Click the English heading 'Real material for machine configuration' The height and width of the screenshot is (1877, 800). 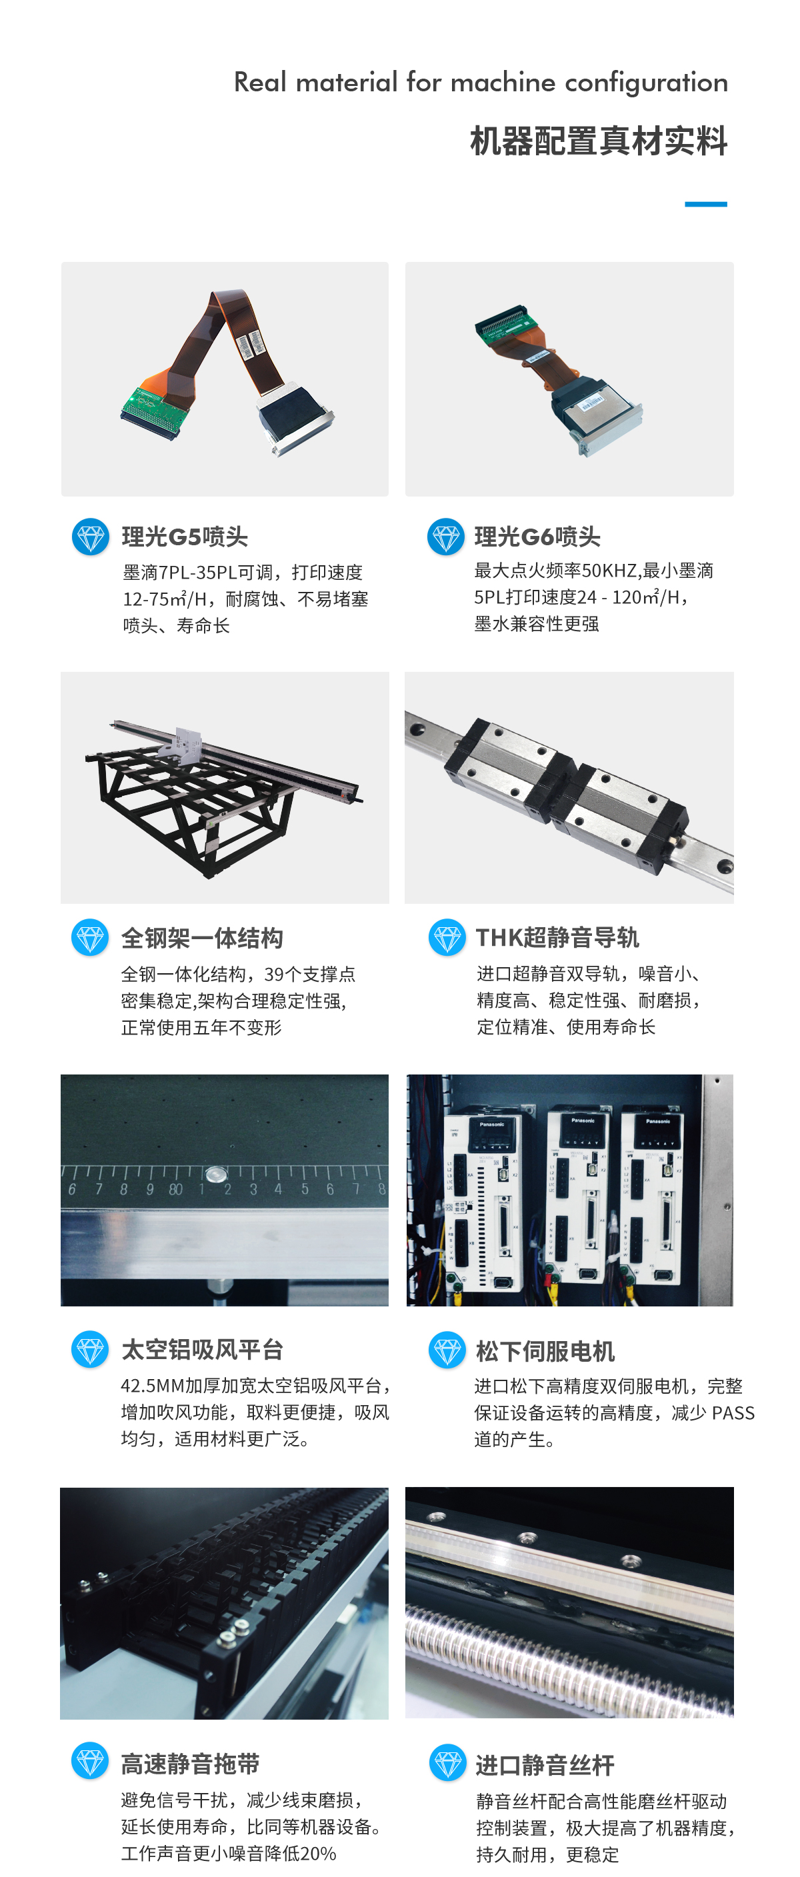[480, 83]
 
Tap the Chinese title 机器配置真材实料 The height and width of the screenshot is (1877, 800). [598, 141]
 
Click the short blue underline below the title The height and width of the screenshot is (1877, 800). [705, 205]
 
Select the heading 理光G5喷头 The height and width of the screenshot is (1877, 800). [185, 537]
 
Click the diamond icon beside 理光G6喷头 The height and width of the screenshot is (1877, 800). [445, 537]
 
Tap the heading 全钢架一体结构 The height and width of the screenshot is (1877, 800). [202, 938]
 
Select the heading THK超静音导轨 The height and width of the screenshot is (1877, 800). [557, 938]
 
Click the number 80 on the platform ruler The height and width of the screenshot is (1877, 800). [175, 1190]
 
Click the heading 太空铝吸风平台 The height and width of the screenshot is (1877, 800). [202, 1350]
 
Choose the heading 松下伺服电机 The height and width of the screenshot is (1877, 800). [545, 1352]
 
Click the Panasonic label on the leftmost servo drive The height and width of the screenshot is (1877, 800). [492, 1124]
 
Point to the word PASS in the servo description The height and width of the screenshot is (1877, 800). [733, 1414]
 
